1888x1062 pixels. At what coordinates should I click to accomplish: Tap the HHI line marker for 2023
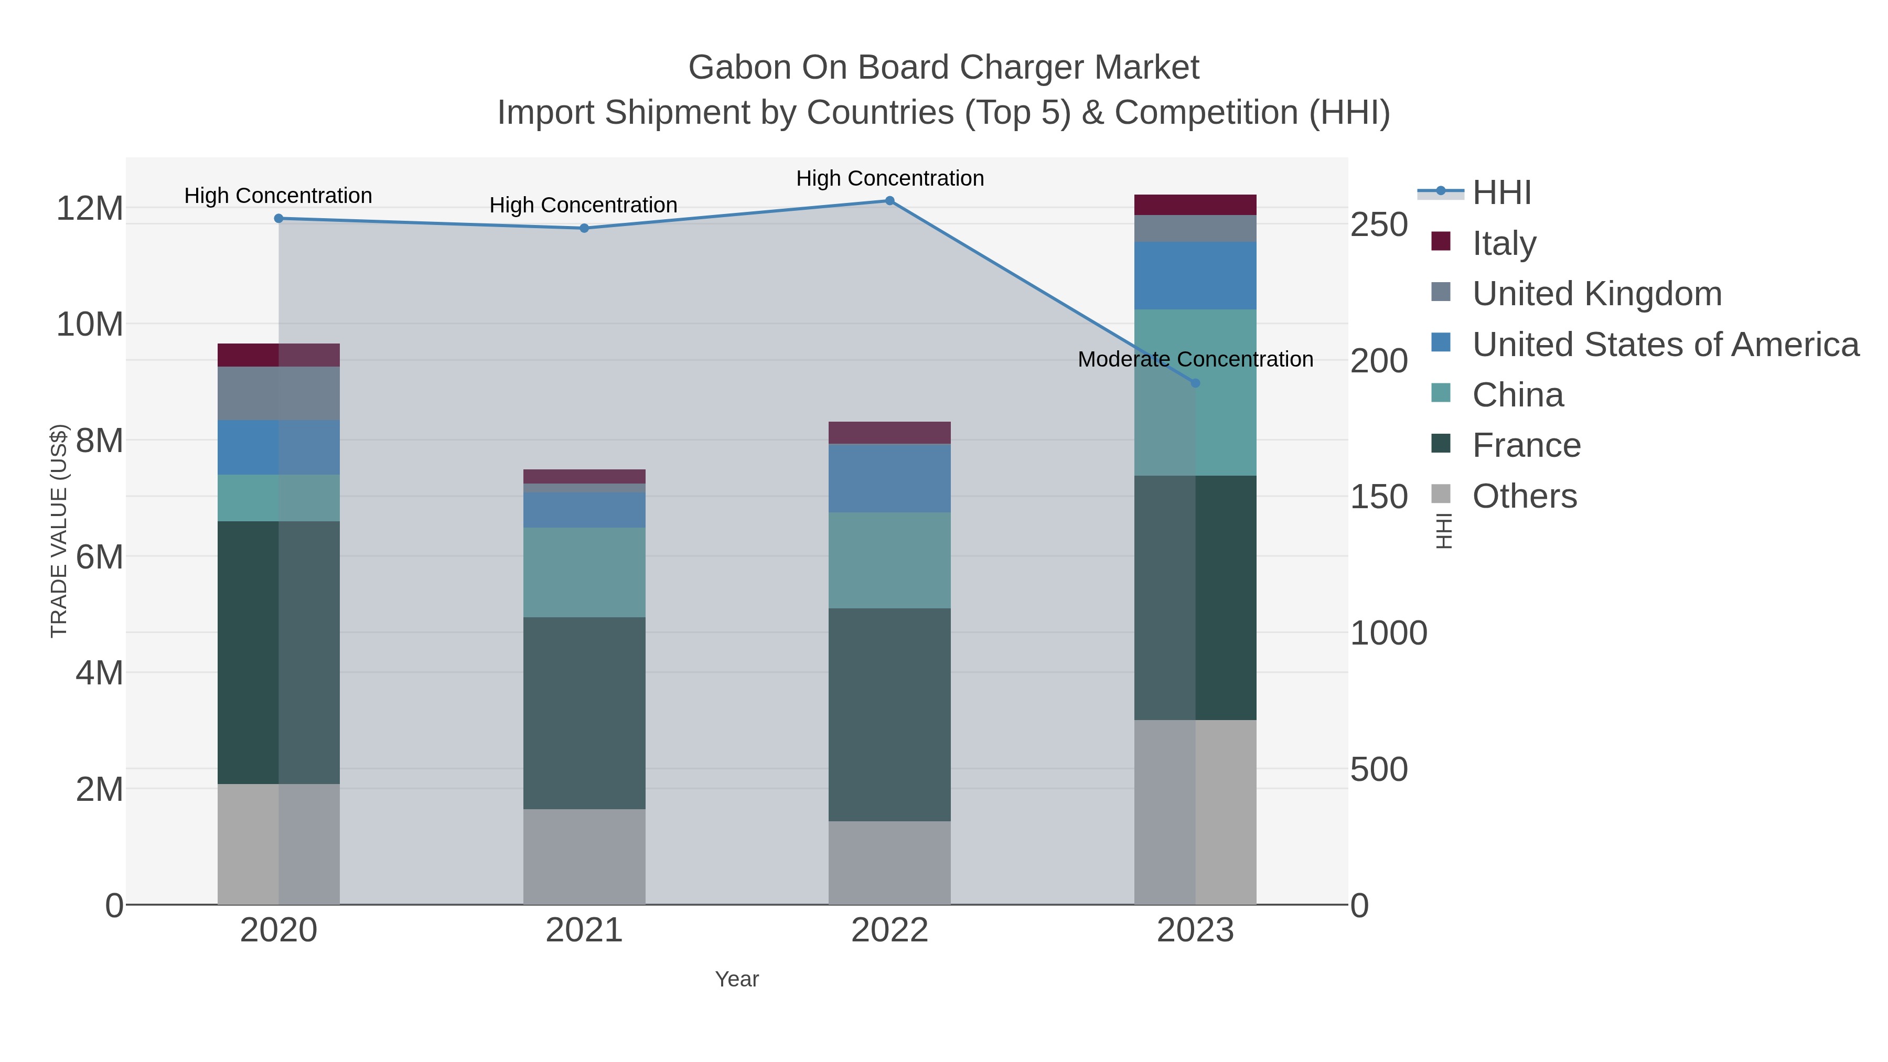(1195, 383)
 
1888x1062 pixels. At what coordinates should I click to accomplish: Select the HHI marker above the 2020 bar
(278, 218)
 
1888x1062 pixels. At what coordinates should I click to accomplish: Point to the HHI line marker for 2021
(584, 229)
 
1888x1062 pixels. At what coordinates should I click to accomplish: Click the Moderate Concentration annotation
(1195, 360)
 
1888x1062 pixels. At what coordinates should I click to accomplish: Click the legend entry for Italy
(1504, 243)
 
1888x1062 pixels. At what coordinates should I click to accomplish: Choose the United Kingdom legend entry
(1596, 294)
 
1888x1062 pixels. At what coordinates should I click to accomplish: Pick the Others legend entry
(1525, 496)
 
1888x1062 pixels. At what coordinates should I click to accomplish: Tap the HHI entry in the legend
(1501, 193)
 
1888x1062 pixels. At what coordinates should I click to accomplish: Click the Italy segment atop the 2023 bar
(1195, 205)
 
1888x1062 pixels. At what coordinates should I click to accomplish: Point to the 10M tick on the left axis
(89, 324)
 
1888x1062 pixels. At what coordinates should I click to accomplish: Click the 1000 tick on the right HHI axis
(1388, 633)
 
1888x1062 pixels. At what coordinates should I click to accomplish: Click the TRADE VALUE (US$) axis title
(59, 531)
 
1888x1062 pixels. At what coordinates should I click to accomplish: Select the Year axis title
(737, 979)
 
